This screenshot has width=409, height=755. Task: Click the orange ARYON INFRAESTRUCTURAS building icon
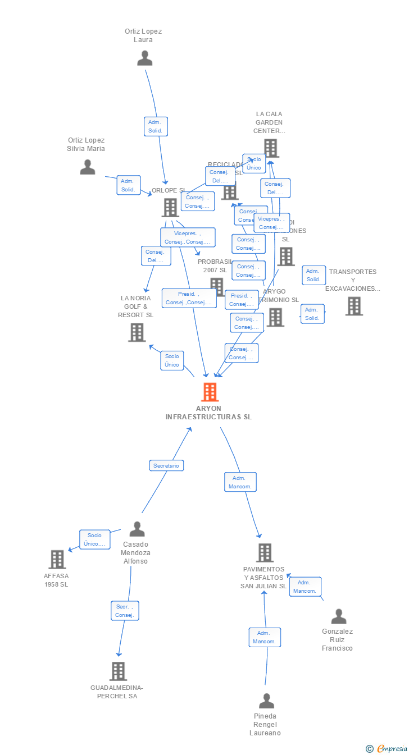[x=210, y=392]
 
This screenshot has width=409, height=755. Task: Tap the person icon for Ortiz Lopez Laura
[x=145, y=58]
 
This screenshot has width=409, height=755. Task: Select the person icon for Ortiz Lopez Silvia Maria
[x=88, y=167]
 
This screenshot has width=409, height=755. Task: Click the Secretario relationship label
[x=166, y=465]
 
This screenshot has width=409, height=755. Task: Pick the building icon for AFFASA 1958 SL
[x=57, y=559]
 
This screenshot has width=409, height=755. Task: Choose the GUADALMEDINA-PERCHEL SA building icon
[x=118, y=671]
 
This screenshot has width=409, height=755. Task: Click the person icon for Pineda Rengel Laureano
[x=266, y=701]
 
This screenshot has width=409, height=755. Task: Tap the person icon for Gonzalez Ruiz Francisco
[x=338, y=616]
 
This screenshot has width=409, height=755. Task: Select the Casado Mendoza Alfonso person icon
[x=137, y=529]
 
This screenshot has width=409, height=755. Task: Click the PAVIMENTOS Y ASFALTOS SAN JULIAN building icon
[x=265, y=552]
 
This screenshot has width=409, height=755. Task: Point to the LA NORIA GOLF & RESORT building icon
[x=137, y=332]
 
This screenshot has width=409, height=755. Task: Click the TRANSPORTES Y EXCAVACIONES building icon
[x=354, y=306]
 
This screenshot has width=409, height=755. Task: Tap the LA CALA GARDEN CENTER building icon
[x=271, y=148]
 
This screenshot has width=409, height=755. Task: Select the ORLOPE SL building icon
[x=170, y=207]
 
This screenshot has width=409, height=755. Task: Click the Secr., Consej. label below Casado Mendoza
[x=125, y=611]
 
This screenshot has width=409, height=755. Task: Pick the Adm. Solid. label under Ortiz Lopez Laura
[x=155, y=126]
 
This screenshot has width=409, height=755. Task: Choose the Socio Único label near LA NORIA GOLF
[x=172, y=360]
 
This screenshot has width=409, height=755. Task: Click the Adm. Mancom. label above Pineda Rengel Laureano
[x=265, y=637]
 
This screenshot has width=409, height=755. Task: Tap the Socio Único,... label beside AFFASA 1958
[x=94, y=539]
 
